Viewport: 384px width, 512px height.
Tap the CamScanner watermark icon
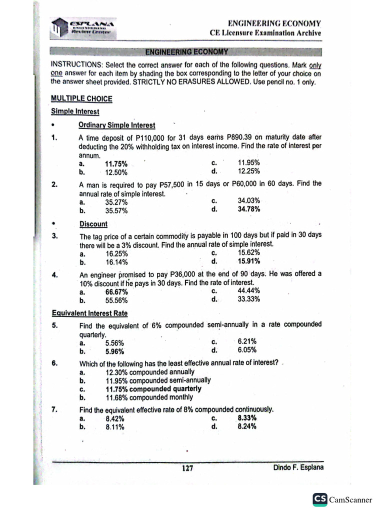tap(320, 499)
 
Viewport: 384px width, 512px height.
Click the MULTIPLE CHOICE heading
tap(81, 98)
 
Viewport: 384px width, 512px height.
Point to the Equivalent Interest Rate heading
tap(89, 313)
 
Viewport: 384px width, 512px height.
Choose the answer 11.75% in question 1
tap(116, 164)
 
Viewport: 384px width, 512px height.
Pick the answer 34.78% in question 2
tap(249, 209)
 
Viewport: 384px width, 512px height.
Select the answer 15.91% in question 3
tap(249, 260)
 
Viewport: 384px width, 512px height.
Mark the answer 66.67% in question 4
tap(116, 292)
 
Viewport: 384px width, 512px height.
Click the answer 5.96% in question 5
tap(114, 351)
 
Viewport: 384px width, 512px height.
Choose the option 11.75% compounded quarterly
tap(153, 388)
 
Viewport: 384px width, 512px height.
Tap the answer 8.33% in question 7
tap(247, 417)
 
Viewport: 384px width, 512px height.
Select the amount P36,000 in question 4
tap(187, 274)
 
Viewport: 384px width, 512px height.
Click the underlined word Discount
tap(93, 224)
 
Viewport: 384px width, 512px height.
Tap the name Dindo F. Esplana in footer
tap(297, 467)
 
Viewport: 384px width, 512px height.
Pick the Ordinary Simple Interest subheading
tap(117, 125)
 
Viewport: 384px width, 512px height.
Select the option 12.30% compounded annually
tap(150, 372)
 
